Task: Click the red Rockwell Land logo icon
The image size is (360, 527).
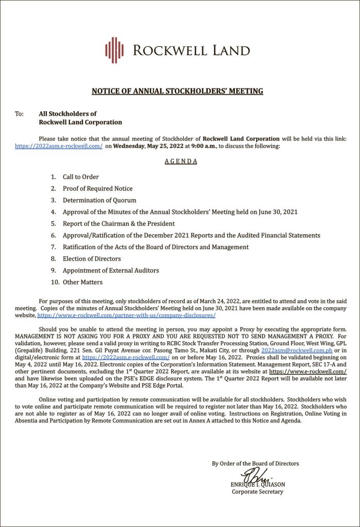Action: (x=114, y=50)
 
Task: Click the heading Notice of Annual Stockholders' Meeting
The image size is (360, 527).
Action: (x=177, y=91)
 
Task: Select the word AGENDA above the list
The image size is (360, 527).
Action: (x=181, y=161)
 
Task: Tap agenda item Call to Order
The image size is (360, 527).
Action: (x=81, y=177)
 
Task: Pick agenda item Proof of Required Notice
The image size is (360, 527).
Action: (x=98, y=188)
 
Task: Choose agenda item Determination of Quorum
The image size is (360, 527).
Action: (x=99, y=200)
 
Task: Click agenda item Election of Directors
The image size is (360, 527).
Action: (x=92, y=259)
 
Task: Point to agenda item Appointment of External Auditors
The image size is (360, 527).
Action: (x=111, y=270)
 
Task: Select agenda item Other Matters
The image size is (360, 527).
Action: (x=82, y=282)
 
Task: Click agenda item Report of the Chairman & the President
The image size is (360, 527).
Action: (x=118, y=223)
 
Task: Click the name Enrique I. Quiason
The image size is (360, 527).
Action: (x=257, y=484)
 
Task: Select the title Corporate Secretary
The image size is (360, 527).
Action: (x=257, y=491)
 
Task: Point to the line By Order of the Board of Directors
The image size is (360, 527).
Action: (x=255, y=463)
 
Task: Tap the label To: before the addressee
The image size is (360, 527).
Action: (x=20, y=114)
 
